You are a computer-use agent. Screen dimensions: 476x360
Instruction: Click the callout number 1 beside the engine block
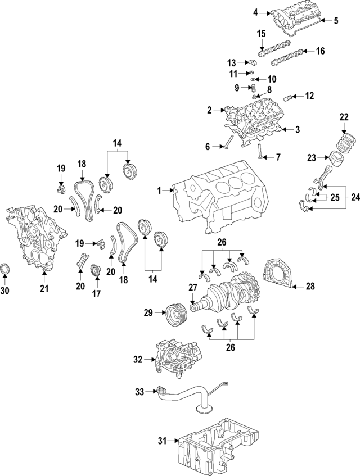[159, 191]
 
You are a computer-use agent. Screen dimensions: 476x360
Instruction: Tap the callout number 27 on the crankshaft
[192, 287]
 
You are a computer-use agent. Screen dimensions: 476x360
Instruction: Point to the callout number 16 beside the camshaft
[320, 51]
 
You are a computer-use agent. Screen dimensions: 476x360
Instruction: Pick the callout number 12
[309, 96]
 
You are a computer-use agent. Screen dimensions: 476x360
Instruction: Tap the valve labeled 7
[261, 151]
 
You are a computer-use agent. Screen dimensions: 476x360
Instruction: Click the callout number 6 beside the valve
[208, 147]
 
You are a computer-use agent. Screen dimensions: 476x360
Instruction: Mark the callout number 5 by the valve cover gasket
[336, 21]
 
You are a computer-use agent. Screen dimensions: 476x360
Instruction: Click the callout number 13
[231, 62]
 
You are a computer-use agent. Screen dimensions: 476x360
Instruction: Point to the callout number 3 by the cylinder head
[298, 130]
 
